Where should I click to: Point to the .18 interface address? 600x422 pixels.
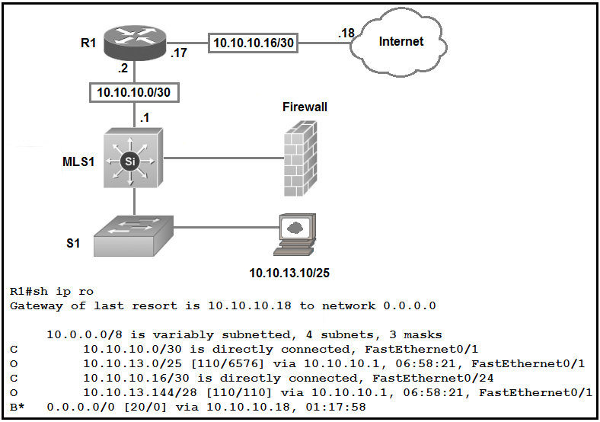(x=347, y=33)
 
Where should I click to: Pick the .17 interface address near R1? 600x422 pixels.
(x=179, y=53)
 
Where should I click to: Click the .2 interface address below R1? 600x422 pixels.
(x=123, y=69)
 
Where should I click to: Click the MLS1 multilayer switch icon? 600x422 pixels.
(x=135, y=160)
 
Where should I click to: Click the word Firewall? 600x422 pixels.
(x=305, y=107)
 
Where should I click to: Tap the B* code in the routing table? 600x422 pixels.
(x=18, y=407)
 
